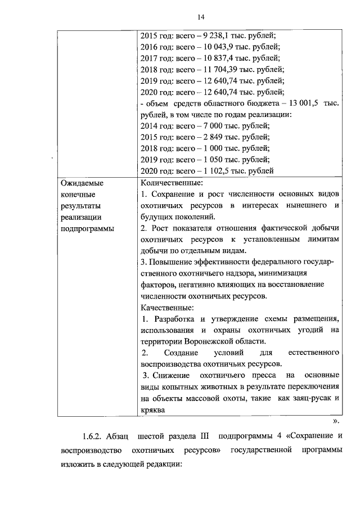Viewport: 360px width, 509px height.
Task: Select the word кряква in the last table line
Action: [152, 410]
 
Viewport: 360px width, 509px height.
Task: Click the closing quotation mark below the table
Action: [335, 421]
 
